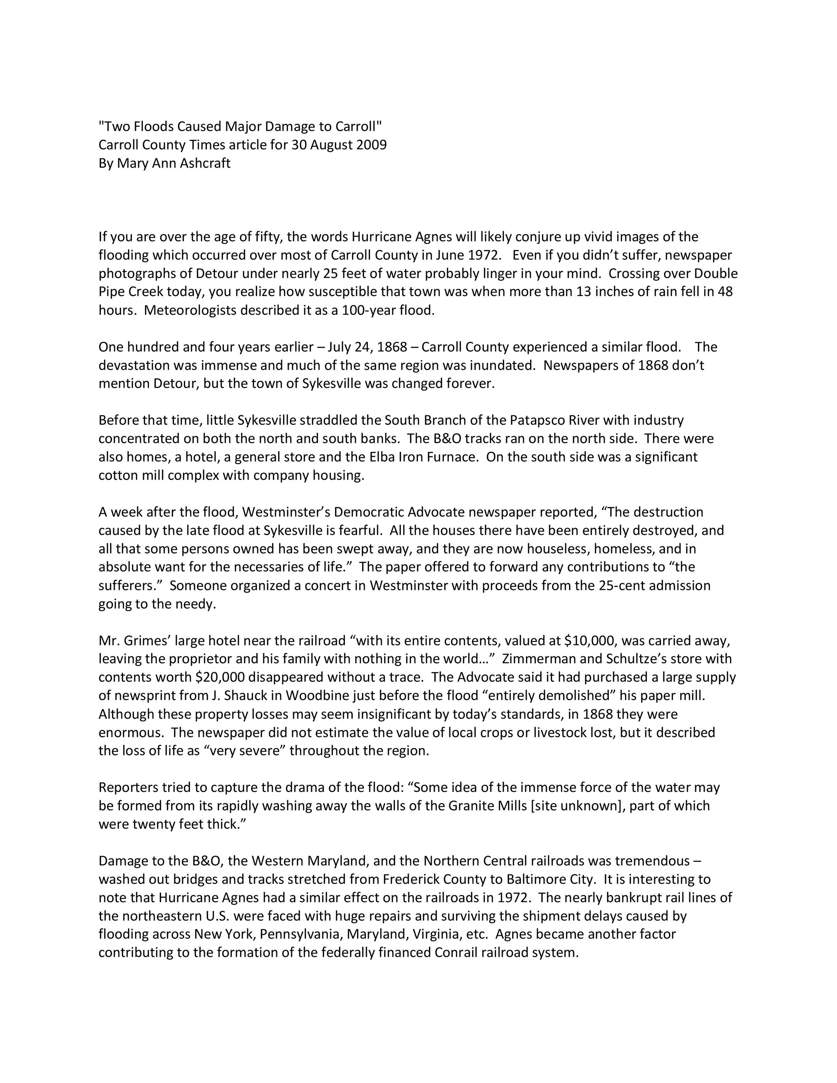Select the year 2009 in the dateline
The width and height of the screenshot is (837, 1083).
tap(371, 145)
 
